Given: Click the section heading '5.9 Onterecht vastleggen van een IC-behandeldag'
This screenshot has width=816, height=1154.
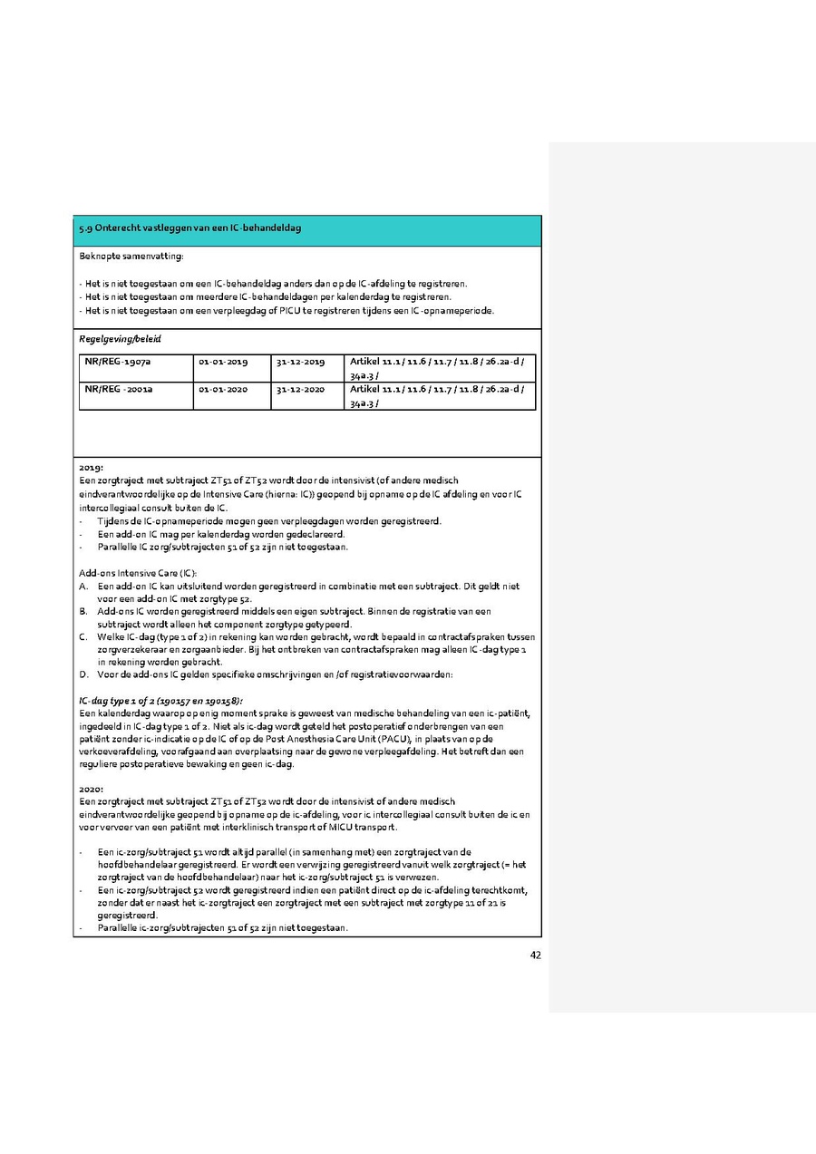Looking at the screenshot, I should tap(190, 228).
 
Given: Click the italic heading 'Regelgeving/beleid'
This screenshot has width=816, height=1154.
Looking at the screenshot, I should tap(120, 337).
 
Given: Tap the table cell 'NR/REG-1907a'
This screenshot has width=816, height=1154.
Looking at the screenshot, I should tap(118, 362).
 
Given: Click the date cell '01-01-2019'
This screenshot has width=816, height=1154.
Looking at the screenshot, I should tap(223, 362).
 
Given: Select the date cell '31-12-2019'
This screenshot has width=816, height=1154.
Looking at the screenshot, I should tap(300, 362).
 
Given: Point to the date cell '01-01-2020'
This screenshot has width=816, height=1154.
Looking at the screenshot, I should tap(223, 389).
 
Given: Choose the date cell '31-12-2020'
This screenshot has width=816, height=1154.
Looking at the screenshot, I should tap(300, 389).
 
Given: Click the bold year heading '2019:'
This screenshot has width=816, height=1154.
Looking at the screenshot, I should tap(92, 468).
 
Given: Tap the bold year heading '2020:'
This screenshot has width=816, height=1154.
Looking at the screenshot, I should tap(92, 790).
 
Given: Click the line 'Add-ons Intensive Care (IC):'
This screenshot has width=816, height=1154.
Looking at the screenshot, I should tap(138, 573).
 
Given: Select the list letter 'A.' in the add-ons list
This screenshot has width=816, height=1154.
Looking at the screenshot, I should tap(84, 587).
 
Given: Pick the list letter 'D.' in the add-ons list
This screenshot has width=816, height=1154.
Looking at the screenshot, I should tap(84, 674).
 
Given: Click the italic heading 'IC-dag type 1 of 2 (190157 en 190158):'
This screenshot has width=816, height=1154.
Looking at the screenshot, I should tap(160, 701).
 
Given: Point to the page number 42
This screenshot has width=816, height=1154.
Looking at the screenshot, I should tap(535, 953).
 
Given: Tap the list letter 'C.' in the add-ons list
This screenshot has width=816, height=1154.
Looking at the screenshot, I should tap(84, 637).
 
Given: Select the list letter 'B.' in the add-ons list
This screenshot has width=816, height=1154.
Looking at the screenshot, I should tap(84, 612).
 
